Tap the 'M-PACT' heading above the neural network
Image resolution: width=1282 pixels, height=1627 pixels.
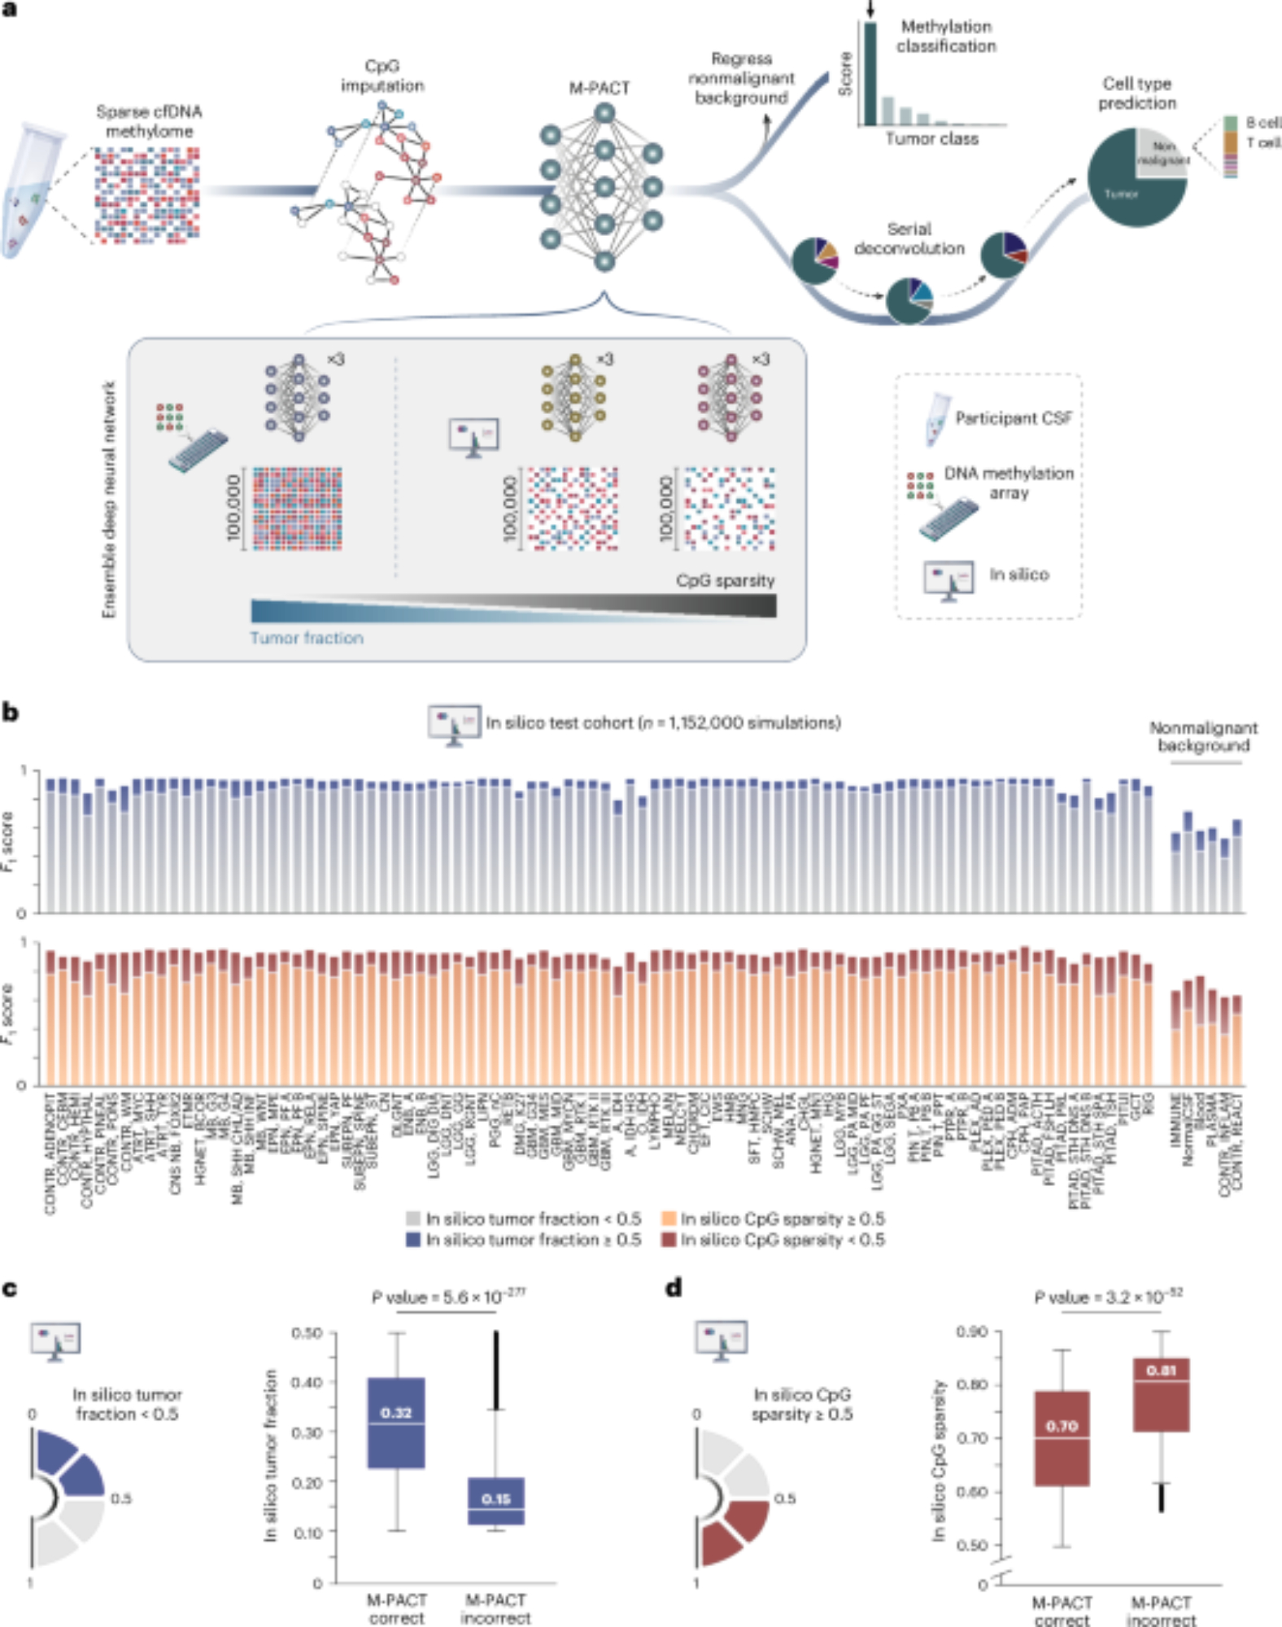[599, 88]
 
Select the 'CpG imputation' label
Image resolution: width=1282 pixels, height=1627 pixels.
[382, 76]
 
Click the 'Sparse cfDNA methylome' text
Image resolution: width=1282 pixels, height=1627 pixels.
[149, 121]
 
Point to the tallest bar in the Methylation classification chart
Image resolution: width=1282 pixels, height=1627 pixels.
[870, 73]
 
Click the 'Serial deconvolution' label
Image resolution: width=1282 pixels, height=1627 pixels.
[909, 238]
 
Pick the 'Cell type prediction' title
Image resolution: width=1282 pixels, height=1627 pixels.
[1136, 93]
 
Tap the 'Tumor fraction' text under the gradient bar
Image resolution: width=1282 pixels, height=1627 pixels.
[307, 638]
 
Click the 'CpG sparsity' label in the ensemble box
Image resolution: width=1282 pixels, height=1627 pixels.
[725, 580]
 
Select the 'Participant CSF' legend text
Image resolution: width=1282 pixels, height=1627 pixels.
[1014, 418]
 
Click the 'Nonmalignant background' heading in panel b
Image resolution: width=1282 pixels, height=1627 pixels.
[1203, 736]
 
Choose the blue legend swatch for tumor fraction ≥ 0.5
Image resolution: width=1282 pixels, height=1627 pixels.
[413, 1240]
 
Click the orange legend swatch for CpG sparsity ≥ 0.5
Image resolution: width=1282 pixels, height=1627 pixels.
[669, 1219]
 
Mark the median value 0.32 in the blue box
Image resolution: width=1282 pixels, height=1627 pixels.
[396, 1413]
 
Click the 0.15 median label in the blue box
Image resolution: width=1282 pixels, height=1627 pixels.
[495, 1498]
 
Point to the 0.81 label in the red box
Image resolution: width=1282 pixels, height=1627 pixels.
[1161, 1371]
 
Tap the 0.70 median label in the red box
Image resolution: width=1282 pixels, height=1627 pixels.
[1062, 1426]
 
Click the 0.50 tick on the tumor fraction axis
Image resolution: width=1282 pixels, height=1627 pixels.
[307, 1333]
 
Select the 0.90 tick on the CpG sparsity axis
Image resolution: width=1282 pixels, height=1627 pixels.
[971, 1331]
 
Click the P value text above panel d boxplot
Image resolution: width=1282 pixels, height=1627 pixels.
[1108, 1297]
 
